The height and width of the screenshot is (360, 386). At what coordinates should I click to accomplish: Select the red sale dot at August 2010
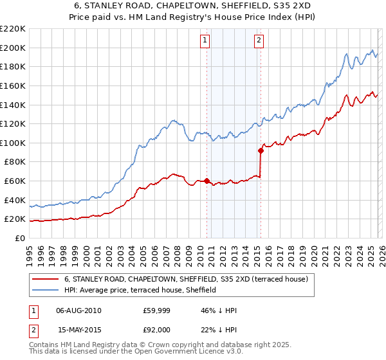[x=207, y=181]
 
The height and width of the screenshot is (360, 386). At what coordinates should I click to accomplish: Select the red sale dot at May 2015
[x=261, y=151]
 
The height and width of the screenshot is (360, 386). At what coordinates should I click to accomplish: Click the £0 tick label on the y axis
[x=19, y=238]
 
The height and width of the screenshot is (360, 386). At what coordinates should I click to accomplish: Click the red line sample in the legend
[x=45, y=280]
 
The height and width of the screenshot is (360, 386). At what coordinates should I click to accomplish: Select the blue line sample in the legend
[x=45, y=291]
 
